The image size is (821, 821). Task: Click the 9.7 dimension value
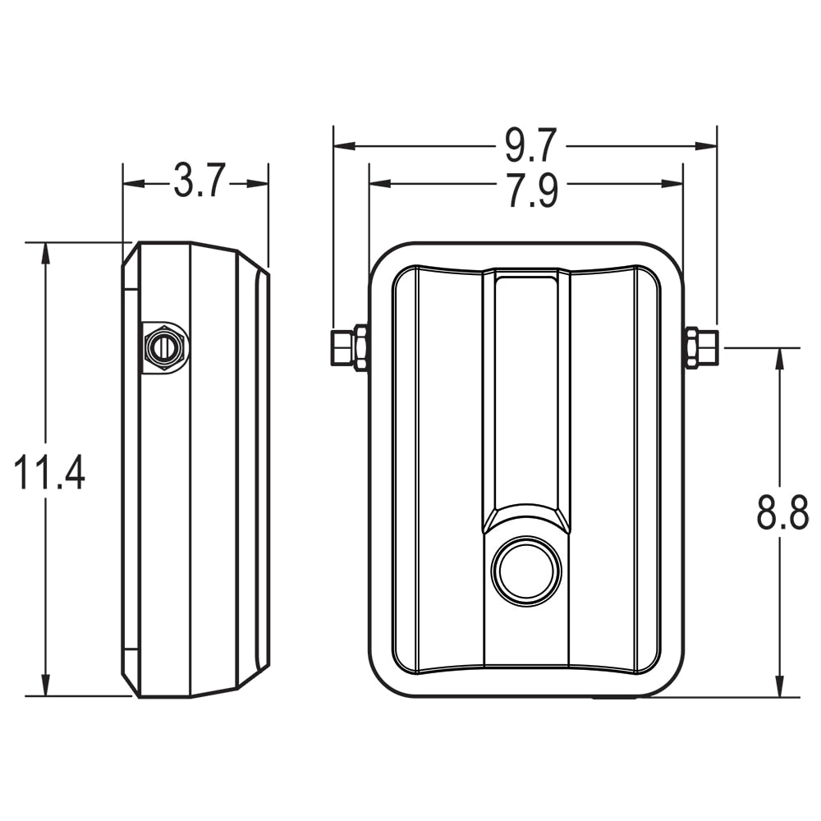(530, 146)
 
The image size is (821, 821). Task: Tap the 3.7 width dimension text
(198, 181)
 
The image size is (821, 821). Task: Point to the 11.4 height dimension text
(49, 474)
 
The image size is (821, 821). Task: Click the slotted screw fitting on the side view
(163, 348)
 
